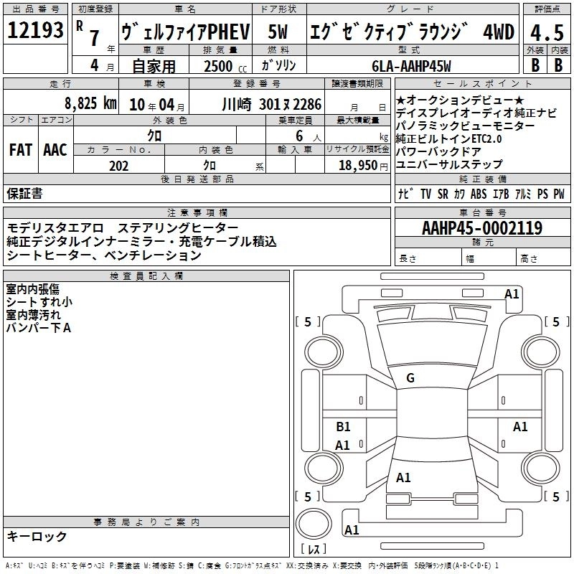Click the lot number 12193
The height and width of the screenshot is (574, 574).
tap(35, 30)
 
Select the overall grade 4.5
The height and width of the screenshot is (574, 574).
tap(547, 32)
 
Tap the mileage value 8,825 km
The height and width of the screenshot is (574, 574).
tap(90, 103)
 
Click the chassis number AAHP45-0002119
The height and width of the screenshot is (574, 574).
tap(482, 228)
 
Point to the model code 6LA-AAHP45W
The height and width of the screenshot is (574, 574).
tap(411, 66)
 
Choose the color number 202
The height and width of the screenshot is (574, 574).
tap(118, 166)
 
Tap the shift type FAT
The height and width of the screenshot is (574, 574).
tap(21, 150)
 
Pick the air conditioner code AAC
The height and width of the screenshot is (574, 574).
tap(55, 150)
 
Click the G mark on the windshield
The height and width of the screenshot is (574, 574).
tap(410, 378)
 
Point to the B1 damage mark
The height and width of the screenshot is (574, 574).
tap(343, 426)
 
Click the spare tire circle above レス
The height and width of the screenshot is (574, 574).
tap(314, 524)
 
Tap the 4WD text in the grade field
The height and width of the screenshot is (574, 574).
tap(499, 32)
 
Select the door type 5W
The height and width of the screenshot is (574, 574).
tap(278, 32)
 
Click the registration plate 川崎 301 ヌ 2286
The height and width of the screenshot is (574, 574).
tap(272, 104)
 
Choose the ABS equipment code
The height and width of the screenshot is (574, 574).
tap(479, 194)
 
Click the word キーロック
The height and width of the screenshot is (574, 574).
tap(37, 536)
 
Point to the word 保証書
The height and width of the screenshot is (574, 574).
tap(24, 193)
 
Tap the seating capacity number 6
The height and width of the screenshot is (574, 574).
tap(299, 136)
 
